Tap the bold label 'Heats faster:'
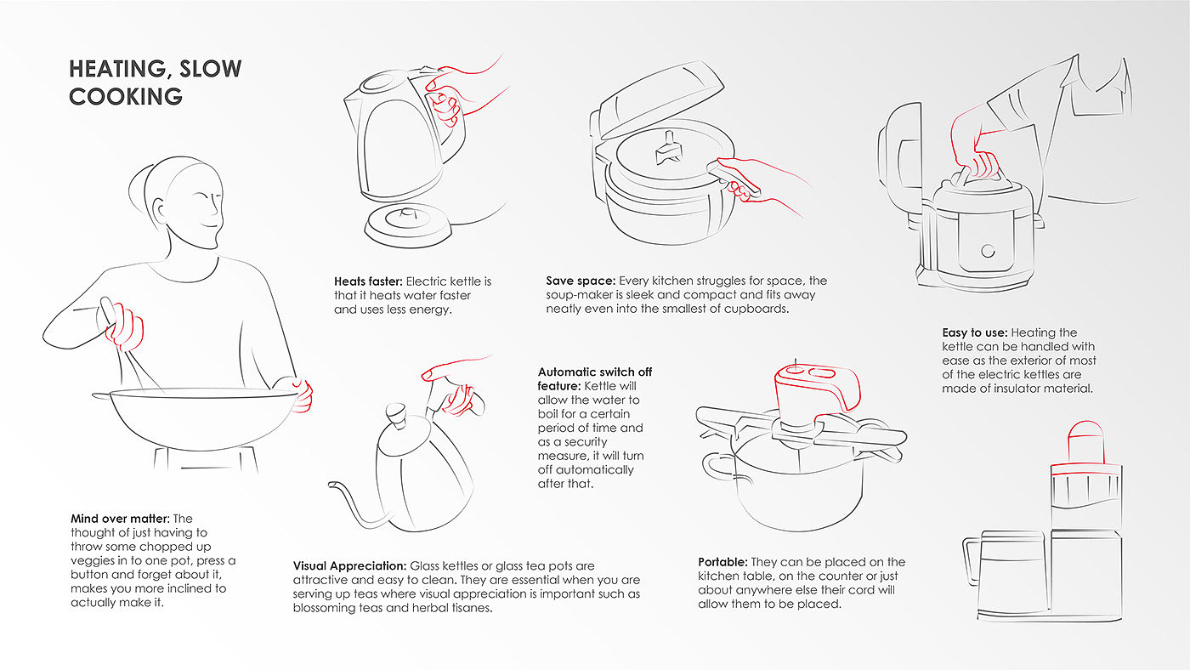(x=369, y=281)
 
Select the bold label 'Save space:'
(x=581, y=281)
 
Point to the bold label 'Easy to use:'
(x=974, y=332)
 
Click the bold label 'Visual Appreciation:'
(x=349, y=565)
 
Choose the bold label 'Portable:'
(x=723, y=562)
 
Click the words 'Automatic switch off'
(x=595, y=372)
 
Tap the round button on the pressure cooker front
(x=987, y=250)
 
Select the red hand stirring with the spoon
(x=126, y=327)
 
